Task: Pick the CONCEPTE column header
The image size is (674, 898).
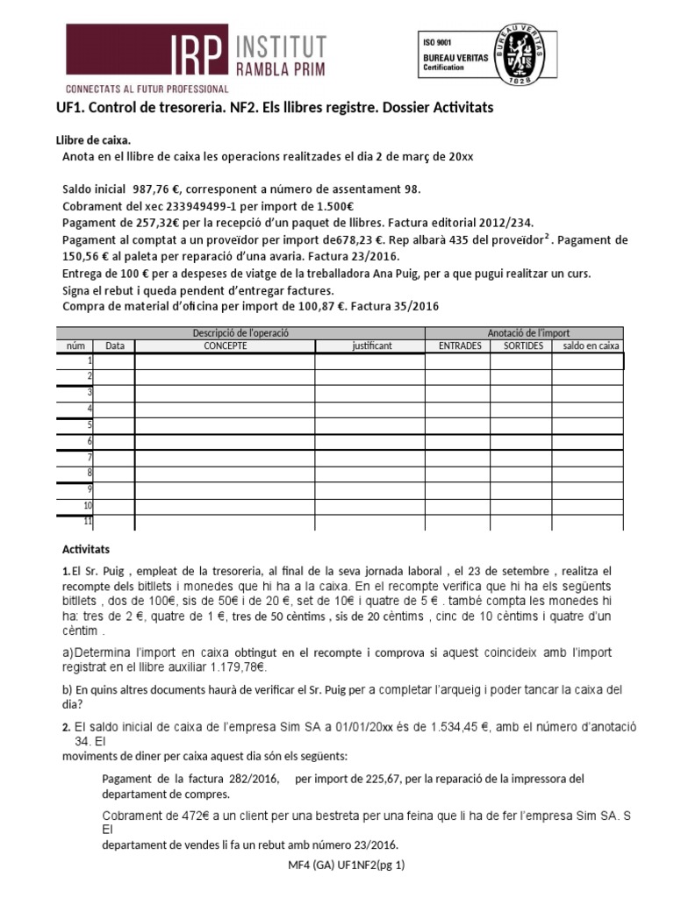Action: pyautogui.click(x=225, y=346)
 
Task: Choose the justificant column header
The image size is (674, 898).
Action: pyautogui.click(x=371, y=346)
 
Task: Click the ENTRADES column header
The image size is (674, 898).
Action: pyautogui.click(x=458, y=346)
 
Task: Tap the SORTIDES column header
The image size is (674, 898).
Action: pyautogui.click(x=522, y=346)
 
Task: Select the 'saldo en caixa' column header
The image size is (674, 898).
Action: pyautogui.click(x=591, y=346)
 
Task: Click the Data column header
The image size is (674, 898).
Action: pyautogui.click(x=115, y=346)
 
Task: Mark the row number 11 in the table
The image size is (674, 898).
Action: pyautogui.click(x=87, y=522)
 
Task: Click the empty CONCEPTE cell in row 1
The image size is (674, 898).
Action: pyautogui.click(x=225, y=361)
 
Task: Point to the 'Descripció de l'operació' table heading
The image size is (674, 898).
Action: pyautogui.click(x=240, y=333)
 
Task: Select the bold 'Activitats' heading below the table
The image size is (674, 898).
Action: pyautogui.click(x=85, y=549)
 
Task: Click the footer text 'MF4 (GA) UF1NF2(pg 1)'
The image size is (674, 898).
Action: pyautogui.click(x=339, y=866)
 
